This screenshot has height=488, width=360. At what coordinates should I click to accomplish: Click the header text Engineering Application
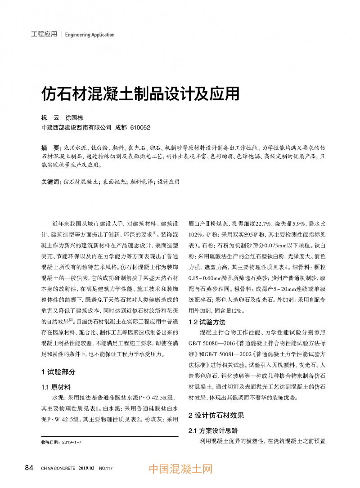tap(90, 35)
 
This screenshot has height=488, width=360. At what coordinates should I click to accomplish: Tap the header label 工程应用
tap(44, 34)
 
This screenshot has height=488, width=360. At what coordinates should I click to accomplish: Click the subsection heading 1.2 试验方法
tap(207, 322)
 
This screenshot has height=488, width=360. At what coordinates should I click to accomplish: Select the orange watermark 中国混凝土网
tap(180, 470)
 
